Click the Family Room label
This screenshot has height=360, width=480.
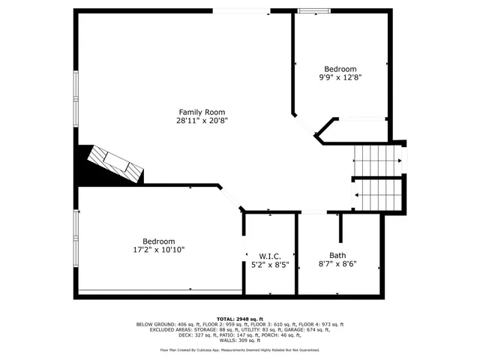point(201,112)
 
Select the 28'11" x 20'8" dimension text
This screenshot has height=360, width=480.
point(201,120)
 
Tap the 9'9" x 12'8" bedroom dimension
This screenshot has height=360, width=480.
point(340,76)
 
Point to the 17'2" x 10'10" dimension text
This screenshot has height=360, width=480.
point(159,250)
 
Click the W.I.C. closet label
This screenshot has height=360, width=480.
point(270,256)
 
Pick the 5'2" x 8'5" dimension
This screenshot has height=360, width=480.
point(270,264)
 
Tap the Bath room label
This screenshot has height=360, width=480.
point(337,255)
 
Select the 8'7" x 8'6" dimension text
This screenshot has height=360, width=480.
point(337,264)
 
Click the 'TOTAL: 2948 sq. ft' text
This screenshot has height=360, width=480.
point(240,319)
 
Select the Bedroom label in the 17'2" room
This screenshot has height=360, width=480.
point(159,241)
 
